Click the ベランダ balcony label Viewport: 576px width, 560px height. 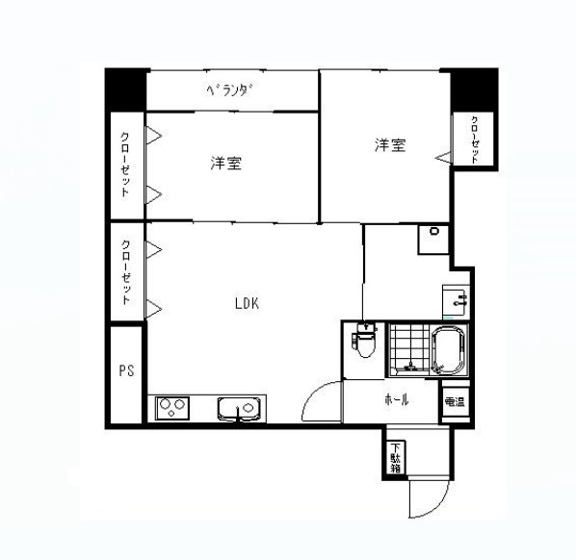pos(229,92)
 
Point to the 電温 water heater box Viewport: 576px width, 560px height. pos(453,401)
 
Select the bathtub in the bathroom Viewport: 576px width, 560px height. pos(448,350)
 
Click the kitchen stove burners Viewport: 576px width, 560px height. pos(172,409)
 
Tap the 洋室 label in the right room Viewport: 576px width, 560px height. pos(390,145)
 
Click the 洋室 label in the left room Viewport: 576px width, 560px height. pos(225,164)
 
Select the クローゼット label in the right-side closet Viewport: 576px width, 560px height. pos(475,139)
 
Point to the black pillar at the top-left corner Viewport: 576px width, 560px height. pos(126,90)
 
